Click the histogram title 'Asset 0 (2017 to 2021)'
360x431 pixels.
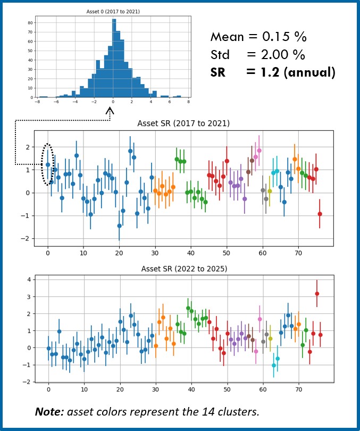point(113,11)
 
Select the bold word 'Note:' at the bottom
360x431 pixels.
point(50,411)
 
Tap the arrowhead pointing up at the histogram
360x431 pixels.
point(111,111)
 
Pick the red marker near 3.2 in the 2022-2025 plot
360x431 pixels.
point(317,294)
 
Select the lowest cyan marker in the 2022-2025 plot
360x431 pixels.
point(274,366)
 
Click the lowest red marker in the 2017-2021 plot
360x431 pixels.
point(320,214)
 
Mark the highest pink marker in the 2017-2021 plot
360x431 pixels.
point(259,151)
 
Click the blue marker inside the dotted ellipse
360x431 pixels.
point(48,165)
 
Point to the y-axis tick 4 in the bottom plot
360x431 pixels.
point(30,279)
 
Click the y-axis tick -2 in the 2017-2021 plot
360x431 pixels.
point(28,238)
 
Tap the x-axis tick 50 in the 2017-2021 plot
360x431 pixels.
point(227,254)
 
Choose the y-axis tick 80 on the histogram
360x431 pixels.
point(30,23)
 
